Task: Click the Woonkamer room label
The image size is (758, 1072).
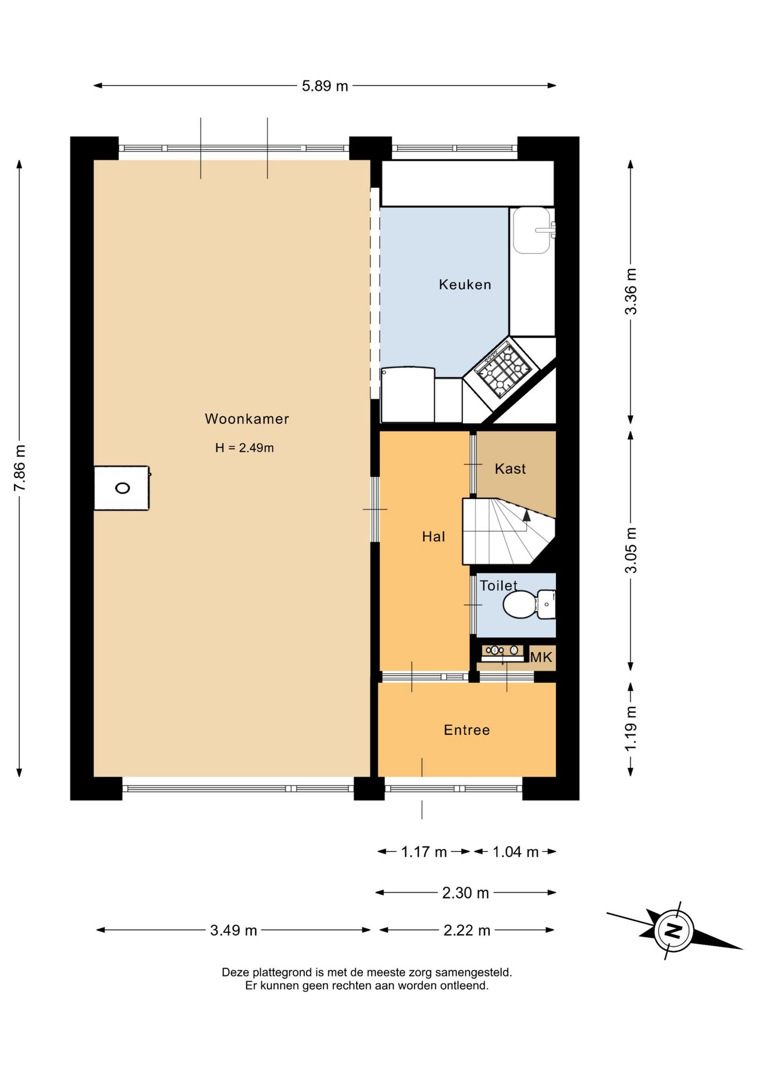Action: coord(247,419)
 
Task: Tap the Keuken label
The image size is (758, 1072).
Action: coord(465,285)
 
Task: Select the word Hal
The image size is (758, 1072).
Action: coord(434,537)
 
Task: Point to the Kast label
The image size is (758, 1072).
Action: coord(510,468)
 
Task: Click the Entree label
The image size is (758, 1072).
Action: coord(467,730)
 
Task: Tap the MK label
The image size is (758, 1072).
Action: coord(541,657)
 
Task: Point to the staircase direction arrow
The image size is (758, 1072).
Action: coord(526,515)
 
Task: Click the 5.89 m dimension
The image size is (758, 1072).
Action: coord(325,86)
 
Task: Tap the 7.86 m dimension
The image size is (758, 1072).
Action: coord(20,468)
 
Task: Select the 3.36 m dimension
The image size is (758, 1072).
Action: coord(631,291)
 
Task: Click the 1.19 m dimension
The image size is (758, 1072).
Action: coord(631,729)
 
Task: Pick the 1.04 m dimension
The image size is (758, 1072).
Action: coord(515,851)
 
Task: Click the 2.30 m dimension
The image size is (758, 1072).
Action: coord(466,893)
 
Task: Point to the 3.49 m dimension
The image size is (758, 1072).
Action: coord(233,930)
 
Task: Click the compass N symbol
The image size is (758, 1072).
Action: coord(674,930)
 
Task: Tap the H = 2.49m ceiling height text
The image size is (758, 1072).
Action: coord(244,448)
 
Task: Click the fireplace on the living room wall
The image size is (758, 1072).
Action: coord(122,488)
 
